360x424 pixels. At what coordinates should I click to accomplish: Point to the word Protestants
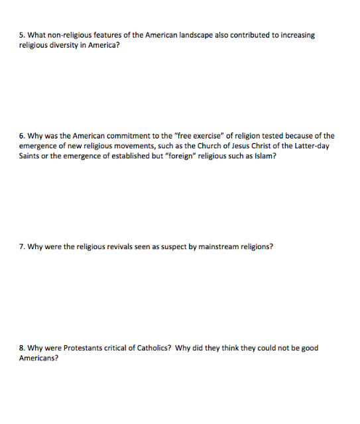point(82,348)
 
